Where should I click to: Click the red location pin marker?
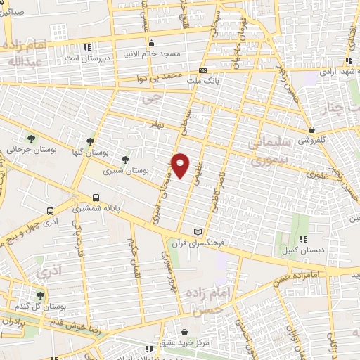(181, 165)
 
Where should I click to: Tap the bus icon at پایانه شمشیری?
(96, 198)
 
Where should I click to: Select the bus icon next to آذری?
(50, 210)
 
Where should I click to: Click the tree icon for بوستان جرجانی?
(30, 136)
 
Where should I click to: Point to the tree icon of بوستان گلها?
(89, 141)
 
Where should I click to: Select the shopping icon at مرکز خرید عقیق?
(184, 332)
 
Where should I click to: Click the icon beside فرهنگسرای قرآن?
(198, 232)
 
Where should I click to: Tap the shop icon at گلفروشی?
(311, 129)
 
